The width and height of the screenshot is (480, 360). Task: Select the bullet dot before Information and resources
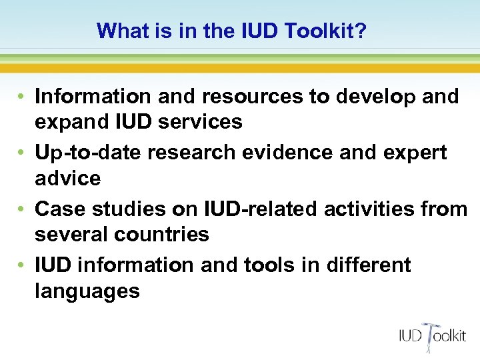[22, 97]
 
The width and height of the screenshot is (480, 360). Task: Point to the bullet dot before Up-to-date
[22, 153]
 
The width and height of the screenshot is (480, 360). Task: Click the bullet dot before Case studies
[22, 209]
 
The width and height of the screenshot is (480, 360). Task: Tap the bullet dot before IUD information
[22, 265]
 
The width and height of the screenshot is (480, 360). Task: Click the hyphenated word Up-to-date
[88, 153]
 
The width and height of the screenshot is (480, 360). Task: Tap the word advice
[67, 178]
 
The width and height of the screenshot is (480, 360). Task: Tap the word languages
[87, 291]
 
